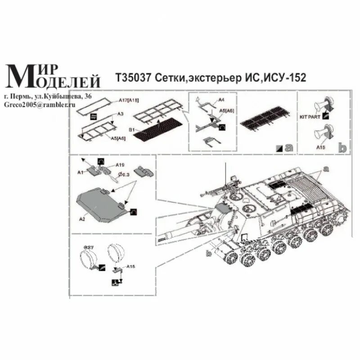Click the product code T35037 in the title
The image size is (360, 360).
134,78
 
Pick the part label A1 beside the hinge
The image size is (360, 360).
80,171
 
